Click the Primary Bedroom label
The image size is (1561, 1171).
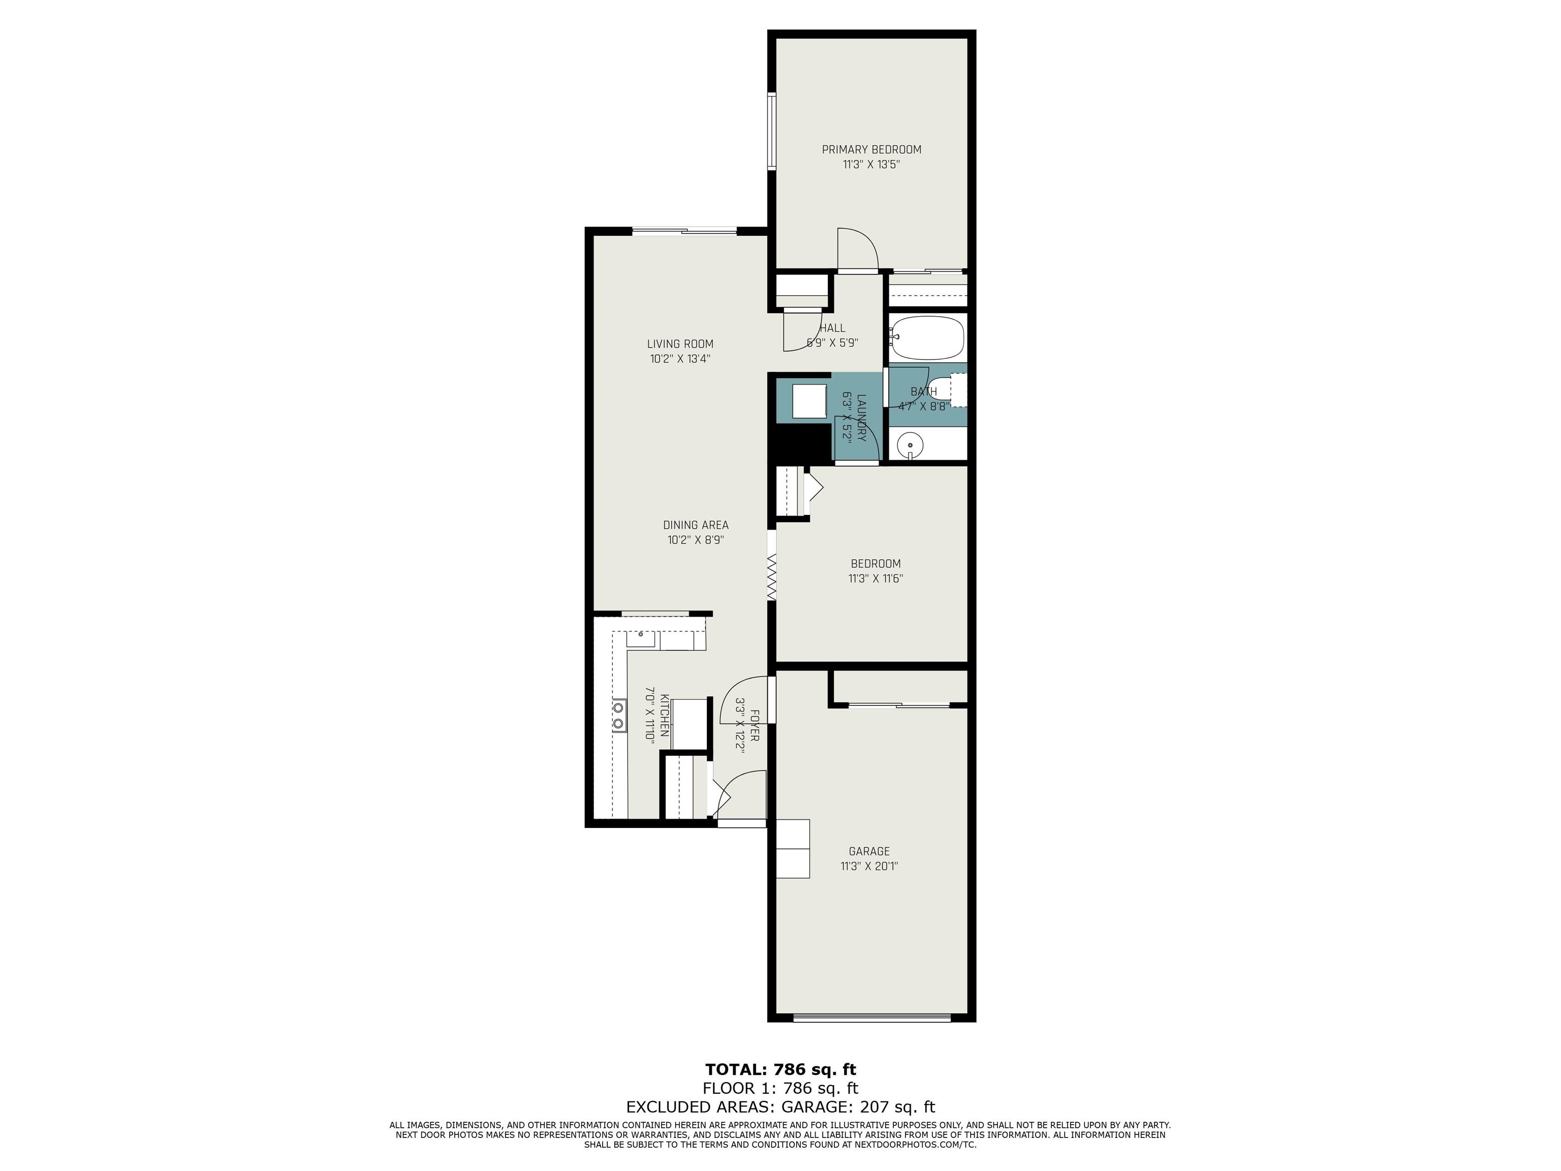coord(871,149)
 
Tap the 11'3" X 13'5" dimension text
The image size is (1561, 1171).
coord(871,165)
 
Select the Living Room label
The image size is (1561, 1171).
coord(680,344)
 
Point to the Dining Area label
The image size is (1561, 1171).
coord(696,525)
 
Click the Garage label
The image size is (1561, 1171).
coord(869,851)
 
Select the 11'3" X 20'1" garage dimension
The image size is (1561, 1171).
coord(869,866)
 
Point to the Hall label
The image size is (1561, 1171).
coord(833,328)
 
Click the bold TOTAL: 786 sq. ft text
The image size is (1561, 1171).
coord(780,1069)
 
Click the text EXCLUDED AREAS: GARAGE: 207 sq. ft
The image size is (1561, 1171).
coord(780,1107)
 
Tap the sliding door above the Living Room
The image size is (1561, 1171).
coord(684,231)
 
